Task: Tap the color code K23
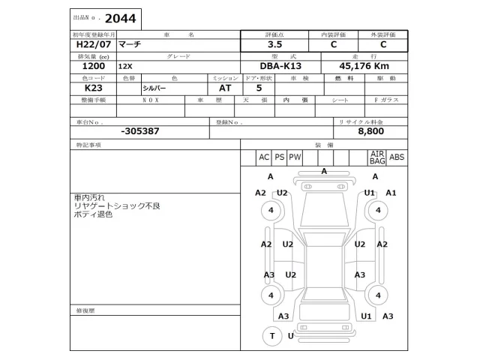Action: [84, 88]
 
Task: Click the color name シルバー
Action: [155, 88]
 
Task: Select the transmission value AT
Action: [225, 88]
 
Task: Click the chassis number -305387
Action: [139, 130]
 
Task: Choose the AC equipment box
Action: [263, 157]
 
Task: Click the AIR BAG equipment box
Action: [377, 157]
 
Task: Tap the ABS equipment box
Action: [397, 157]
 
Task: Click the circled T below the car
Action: [271, 336]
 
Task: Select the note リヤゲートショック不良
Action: [117, 205]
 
